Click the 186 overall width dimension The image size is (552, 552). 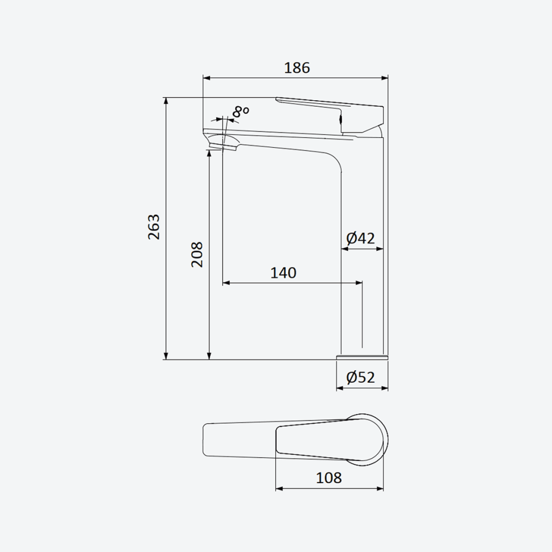297,67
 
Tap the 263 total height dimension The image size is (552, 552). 154,227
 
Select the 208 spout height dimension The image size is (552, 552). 197,254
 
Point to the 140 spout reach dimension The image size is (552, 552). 284,273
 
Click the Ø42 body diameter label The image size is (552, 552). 361,238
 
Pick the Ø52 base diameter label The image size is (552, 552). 361,377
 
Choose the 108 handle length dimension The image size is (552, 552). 329,478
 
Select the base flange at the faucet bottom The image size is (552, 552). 362,357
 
